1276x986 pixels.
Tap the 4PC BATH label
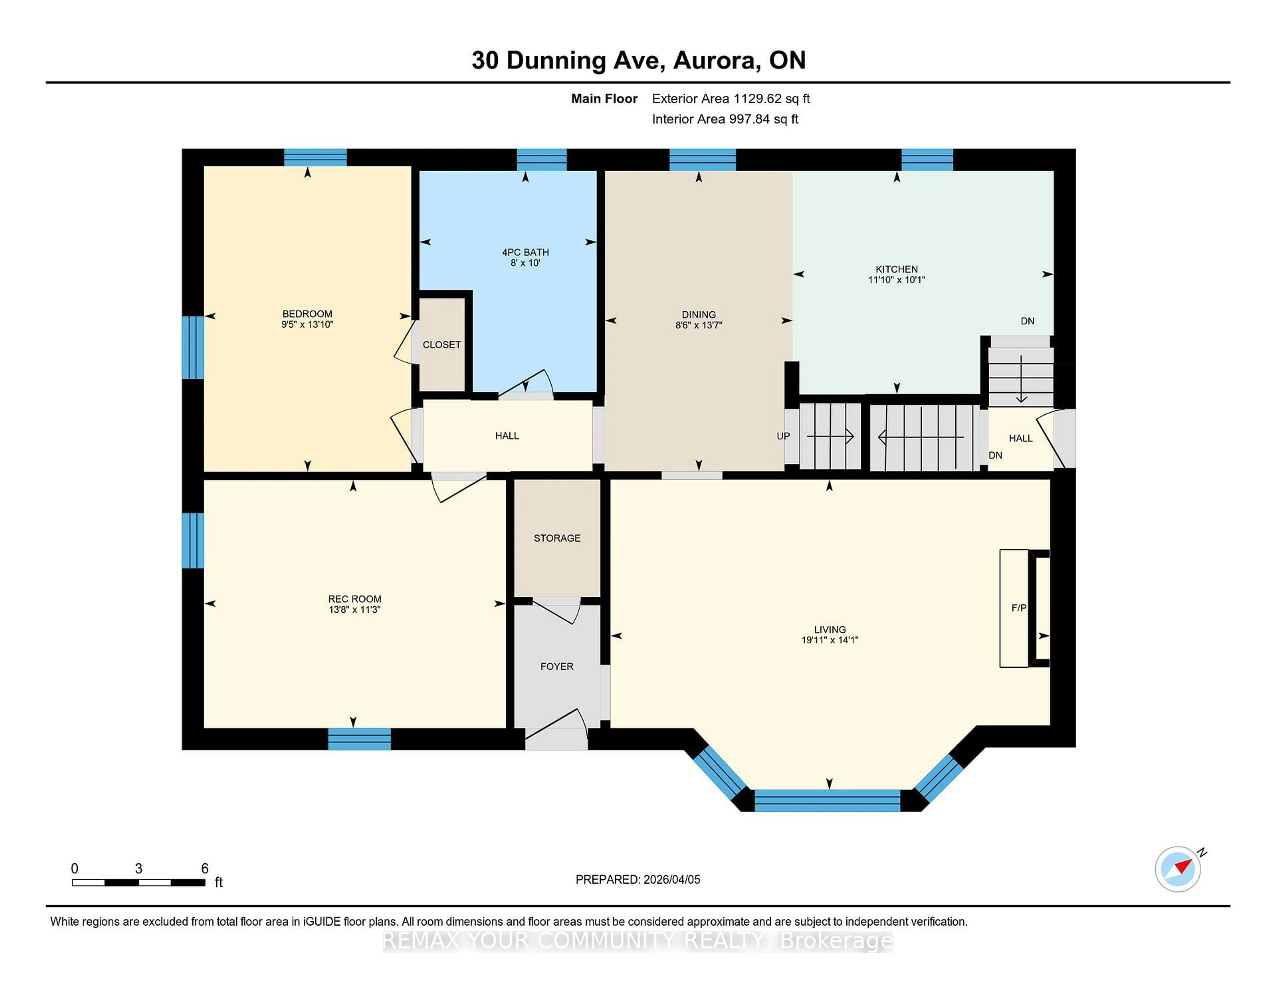coord(525,252)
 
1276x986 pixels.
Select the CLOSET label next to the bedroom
coord(442,345)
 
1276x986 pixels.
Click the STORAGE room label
coord(557,538)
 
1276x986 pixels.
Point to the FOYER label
coord(557,666)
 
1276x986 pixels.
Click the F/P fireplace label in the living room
coord(1019,608)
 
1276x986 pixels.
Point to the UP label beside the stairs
coord(783,436)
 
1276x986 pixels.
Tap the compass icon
coord(1178,869)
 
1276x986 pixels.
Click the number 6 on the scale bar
coord(204,869)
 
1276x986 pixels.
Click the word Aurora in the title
coord(717,60)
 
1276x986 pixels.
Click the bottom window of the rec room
coord(359,739)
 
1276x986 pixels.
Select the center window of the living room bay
coord(827,800)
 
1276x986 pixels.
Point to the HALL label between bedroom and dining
coord(506,436)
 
